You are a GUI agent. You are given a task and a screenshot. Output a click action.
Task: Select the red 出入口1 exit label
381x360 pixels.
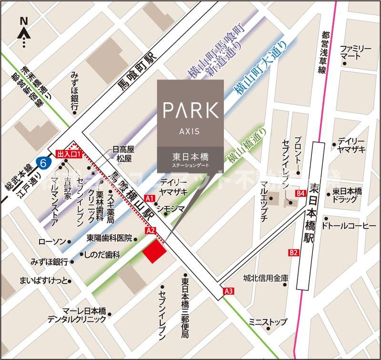(x=70, y=154)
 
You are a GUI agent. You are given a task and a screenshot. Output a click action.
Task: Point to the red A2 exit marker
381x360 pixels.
(x=151, y=231)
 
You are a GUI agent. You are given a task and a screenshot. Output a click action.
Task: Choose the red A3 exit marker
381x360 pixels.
(x=229, y=291)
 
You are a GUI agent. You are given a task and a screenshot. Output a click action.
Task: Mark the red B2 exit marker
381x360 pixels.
(x=293, y=252)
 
